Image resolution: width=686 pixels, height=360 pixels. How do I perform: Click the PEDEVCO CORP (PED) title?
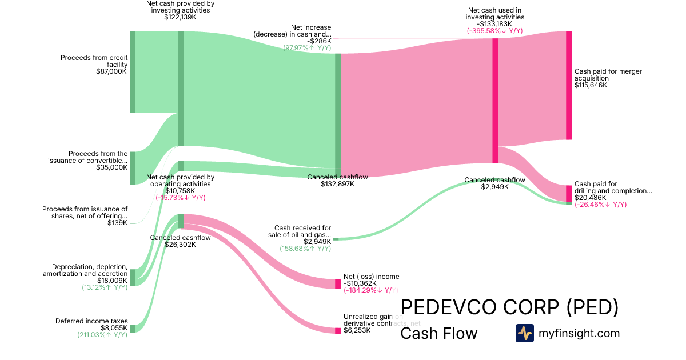click(x=509, y=307)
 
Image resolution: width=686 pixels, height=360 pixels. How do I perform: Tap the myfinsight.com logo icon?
click(x=524, y=333)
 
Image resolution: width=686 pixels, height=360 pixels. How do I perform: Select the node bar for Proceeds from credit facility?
click(x=133, y=72)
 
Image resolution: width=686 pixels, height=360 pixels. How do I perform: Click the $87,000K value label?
click(x=111, y=72)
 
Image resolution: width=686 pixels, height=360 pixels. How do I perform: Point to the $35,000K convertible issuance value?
click(x=111, y=168)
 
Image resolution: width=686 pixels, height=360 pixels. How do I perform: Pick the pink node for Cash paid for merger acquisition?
click(x=568, y=85)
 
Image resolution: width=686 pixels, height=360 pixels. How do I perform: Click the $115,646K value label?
click(x=591, y=85)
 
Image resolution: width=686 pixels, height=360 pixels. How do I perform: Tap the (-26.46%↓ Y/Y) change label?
click(x=600, y=205)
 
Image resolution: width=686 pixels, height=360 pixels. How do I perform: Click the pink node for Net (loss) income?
click(x=338, y=283)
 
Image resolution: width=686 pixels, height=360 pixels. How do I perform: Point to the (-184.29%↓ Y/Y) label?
click(x=370, y=290)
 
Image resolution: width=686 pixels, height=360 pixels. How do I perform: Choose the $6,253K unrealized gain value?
click(x=357, y=330)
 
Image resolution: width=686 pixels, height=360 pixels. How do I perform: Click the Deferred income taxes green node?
click(x=133, y=329)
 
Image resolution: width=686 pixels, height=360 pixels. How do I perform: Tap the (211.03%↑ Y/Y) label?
click(x=102, y=335)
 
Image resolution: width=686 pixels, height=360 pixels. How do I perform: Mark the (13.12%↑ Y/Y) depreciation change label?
click(x=105, y=287)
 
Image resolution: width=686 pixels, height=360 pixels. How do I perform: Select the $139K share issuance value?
click(x=118, y=223)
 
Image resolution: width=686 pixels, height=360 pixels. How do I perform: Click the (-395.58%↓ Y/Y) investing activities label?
click(x=494, y=31)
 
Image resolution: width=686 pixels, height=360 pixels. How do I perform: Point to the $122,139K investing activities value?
click(x=180, y=17)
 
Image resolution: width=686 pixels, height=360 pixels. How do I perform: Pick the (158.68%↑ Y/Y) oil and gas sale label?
click(x=305, y=249)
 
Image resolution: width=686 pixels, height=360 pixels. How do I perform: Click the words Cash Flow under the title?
click(x=438, y=333)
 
